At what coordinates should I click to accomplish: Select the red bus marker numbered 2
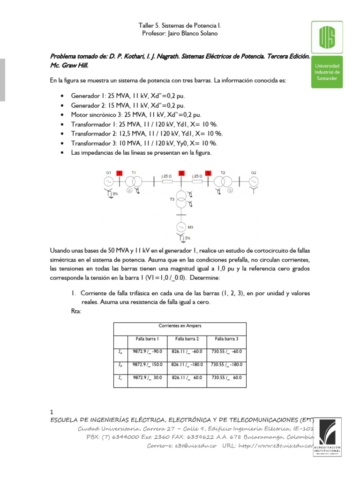tap(181, 173)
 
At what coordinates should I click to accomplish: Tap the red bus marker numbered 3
tap(209, 173)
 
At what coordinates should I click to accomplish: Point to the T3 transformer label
tap(172, 199)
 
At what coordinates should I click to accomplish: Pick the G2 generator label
tap(254, 172)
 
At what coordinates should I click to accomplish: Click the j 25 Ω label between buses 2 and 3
tap(197, 176)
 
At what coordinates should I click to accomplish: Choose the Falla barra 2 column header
tap(187, 338)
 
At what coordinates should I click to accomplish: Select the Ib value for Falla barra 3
tap(226, 364)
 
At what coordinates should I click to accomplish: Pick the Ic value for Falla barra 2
tap(187, 377)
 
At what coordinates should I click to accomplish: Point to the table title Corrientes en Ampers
tap(180, 325)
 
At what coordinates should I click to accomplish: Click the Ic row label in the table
tap(120, 377)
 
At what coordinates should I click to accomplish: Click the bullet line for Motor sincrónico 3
tap(127, 114)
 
